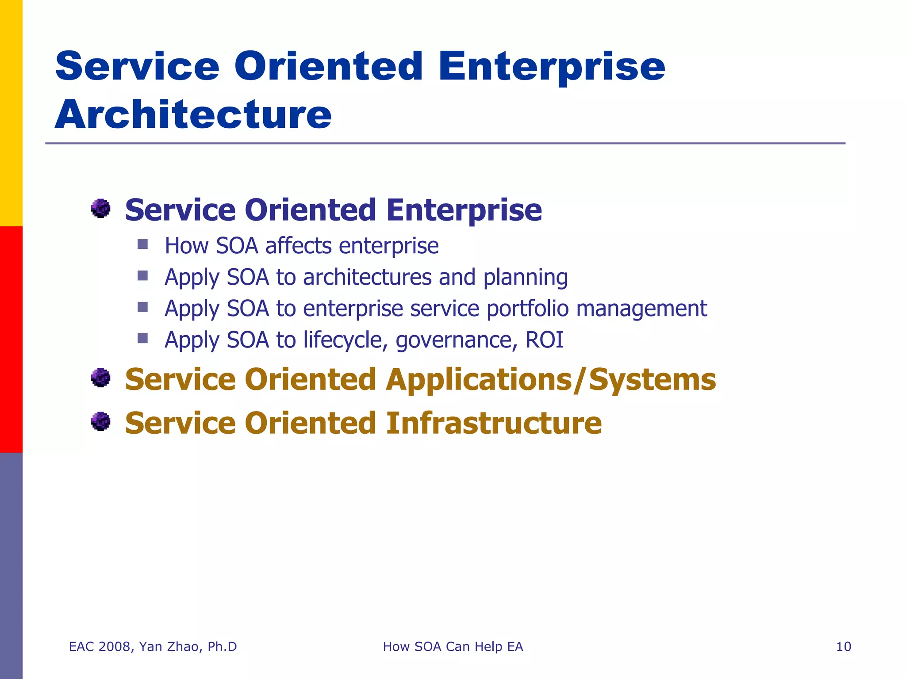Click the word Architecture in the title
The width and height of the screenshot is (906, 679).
193,115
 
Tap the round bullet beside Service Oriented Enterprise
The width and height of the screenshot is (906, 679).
101,208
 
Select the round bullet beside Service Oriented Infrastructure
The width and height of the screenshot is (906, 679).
101,421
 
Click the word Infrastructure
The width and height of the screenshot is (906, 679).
494,423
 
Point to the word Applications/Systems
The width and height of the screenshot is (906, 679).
550,380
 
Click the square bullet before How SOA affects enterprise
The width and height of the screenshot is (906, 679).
142,244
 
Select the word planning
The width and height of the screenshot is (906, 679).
525,278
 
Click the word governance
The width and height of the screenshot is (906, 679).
456,341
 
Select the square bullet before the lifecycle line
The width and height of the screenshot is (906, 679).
142,338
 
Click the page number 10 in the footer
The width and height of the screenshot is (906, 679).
843,647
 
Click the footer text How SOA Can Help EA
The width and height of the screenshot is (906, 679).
453,647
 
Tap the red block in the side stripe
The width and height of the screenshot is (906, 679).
11,339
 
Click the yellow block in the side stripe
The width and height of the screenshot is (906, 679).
11,113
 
